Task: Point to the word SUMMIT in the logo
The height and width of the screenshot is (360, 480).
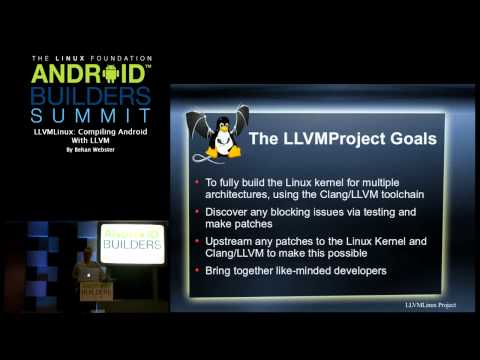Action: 91,117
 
